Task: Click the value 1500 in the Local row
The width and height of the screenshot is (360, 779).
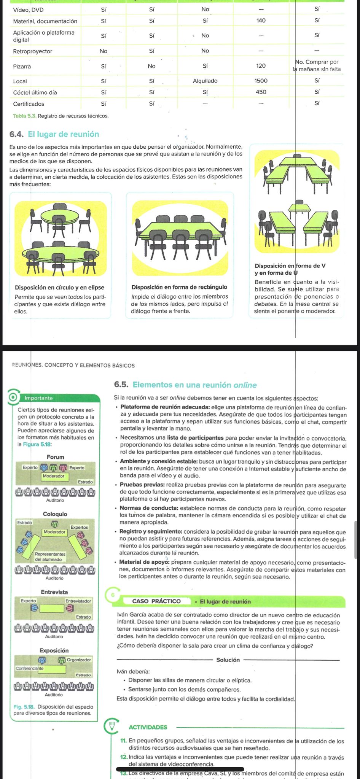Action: (261, 81)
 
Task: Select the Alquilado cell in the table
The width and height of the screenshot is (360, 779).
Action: (205, 81)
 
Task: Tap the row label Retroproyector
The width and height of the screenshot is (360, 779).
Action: (33, 51)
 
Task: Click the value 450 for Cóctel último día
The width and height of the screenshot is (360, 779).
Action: (261, 92)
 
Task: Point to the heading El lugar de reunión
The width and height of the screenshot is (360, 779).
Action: (63, 134)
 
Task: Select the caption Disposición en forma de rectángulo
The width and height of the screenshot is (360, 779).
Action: (179, 287)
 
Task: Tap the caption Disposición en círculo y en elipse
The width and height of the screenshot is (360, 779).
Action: (59, 288)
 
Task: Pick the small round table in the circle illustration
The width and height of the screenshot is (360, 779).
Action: (60, 217)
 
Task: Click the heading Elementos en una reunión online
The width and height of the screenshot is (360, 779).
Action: (194, 385)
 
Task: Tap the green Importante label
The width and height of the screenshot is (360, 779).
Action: (38, 398)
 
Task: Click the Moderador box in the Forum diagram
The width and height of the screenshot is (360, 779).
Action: (54, 476)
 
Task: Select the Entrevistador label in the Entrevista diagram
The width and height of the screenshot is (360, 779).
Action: (78, 601)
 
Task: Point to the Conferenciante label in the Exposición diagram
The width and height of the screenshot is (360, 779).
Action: (30, 668)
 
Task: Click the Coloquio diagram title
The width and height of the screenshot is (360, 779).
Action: (55, 514)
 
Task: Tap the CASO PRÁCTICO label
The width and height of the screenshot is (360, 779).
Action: (156, 601)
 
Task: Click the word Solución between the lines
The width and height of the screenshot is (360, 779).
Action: (228, 660)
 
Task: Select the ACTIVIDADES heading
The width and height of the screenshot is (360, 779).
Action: (148, 727)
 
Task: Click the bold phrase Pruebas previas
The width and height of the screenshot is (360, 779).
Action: (142, 485)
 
